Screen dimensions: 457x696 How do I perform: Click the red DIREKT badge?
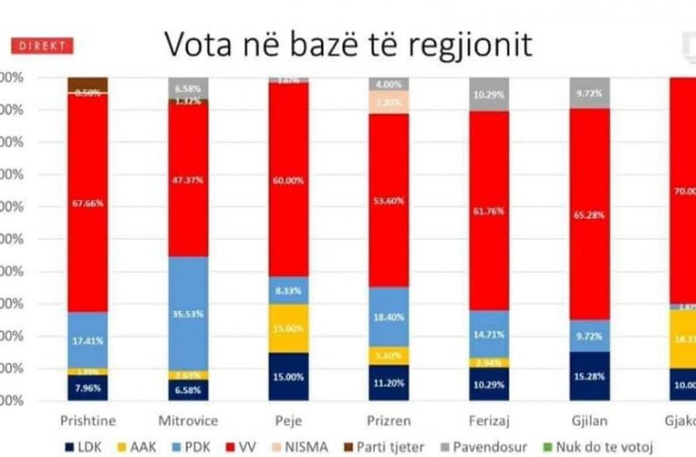click(40, 45)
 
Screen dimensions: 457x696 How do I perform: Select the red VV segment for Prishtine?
click(87, 202)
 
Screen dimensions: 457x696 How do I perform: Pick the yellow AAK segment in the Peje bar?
click(287, 328)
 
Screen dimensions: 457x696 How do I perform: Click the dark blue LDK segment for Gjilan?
click(589, 376)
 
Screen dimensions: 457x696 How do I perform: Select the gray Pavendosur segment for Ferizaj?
click(488, 94)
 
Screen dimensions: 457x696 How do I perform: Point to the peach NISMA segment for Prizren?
click(389, 102)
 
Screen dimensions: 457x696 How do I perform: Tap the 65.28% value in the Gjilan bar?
click(589, 214)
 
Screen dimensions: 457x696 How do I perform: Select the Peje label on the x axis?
click(287, 419)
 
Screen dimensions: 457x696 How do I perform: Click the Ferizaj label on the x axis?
click(488, 419)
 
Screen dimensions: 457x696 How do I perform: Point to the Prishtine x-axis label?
click(87, 419)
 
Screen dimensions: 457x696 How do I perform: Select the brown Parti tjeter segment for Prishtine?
click(87, 85)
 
